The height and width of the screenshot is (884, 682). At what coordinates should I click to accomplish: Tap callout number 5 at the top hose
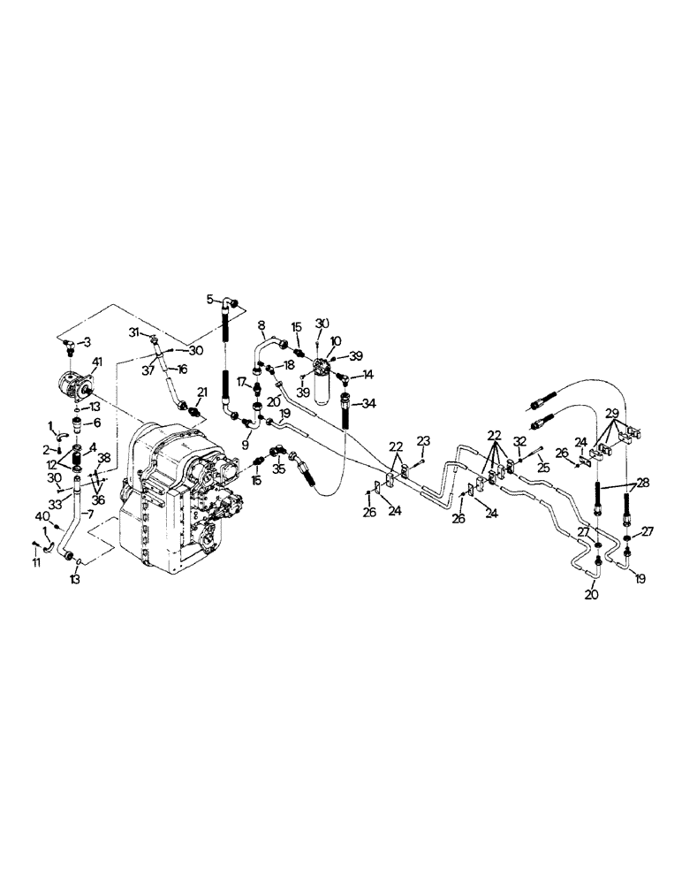(210, 300)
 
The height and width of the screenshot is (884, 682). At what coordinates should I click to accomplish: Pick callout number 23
(423, 439)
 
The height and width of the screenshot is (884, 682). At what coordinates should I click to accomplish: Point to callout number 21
(201, 392)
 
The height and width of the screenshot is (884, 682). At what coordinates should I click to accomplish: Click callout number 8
(261, 326)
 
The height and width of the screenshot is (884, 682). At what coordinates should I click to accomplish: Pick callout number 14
(368, 375)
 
